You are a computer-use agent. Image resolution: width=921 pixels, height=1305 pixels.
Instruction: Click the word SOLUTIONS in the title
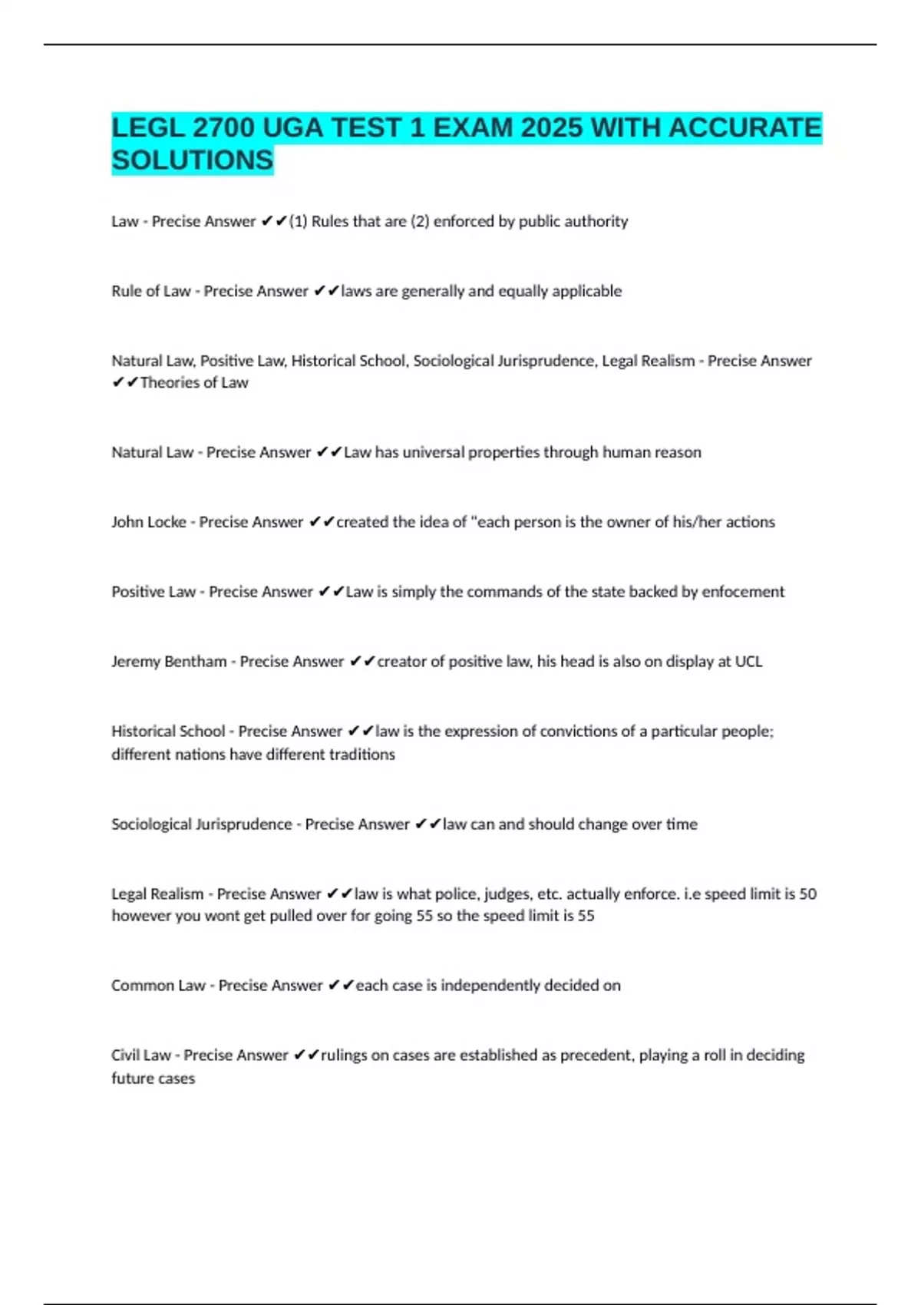click(x=192, y=160)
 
